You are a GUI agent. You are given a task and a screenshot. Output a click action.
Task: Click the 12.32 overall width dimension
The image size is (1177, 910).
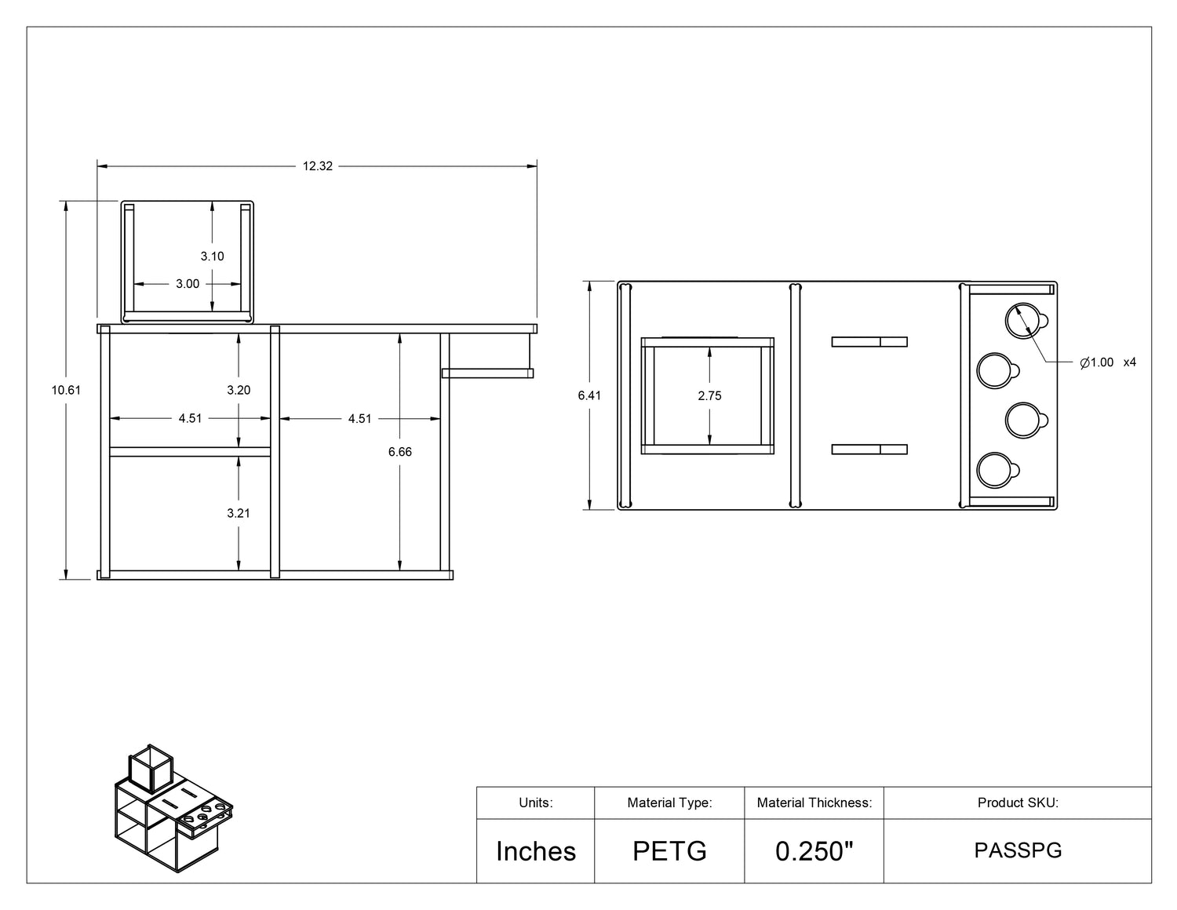pyautogui.click(x=318, y=166)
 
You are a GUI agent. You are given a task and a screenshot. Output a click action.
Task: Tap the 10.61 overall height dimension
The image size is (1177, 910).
pyautogui.click(x=66, y=390)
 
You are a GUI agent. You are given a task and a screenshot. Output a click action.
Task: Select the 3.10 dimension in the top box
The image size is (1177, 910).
pyautogui.click(x=212, y=256)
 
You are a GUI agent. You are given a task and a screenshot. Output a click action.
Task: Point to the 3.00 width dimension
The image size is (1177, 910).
pyautogui.click(x=188, y=284)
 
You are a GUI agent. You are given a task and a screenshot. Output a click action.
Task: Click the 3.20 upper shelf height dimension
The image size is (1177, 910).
pyautogui.click(x=239, y=390)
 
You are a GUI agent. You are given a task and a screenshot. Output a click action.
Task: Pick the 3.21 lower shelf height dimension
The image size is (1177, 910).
pyautogui.click(x=239, y=513)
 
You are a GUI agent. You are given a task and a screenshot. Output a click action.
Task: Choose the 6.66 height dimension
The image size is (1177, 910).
pyautogui.click(x=399, y=452)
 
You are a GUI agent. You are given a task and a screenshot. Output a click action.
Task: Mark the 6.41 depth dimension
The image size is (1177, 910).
pyautogui.click(x=589, y=395)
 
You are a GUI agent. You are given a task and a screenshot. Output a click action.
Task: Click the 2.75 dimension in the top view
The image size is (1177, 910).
pyautogui.click(x=709, y=395)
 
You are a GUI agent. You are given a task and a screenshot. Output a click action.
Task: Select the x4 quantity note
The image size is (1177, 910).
pyautogui.click(x=1129, y=362)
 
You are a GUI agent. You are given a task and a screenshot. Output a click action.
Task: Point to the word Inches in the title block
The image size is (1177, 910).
pyautogui.click(x=536, y=851)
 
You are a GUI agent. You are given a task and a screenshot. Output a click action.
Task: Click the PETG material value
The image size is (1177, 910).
pyautogui.click(x=669, y=851)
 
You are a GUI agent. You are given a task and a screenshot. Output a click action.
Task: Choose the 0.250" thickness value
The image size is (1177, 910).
pyautogui.click(x=814, y=851)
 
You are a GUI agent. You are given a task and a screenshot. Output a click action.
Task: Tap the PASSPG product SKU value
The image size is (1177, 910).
pyautogui.click(x=1018, y=850)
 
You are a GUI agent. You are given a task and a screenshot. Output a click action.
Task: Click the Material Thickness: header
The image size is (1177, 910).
pyautogui.click(x=814, y=803)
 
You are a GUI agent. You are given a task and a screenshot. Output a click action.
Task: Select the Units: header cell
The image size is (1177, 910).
pyautogui.click(x=536, y=803)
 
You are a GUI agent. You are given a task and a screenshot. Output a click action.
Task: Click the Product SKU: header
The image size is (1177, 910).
pyautogui.click(x=1018, y=803)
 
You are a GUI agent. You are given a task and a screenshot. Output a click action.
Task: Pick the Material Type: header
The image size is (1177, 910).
pyautogui.click(x=669, y=803)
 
